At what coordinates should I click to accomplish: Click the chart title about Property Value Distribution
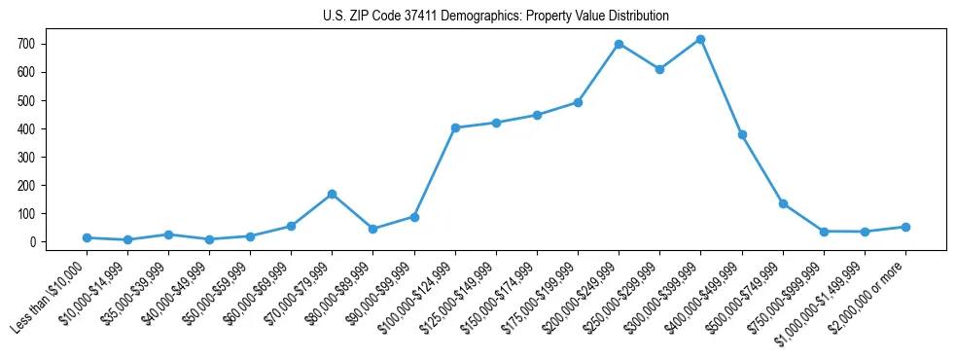[495, 17]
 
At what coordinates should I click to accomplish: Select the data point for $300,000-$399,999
[700, 40]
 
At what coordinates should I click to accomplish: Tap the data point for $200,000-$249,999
[619, 45]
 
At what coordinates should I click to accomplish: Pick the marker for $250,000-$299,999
[659, 69]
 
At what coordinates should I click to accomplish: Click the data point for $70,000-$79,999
[332, 194]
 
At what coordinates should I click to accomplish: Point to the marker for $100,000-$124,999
[455, 127]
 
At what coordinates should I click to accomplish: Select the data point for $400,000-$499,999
[742, 134]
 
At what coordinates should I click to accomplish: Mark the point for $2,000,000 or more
[905, 227]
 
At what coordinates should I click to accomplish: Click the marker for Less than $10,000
[87, 237]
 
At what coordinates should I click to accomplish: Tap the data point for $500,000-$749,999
[783, 203]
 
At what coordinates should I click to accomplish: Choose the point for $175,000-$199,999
[578, 102]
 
